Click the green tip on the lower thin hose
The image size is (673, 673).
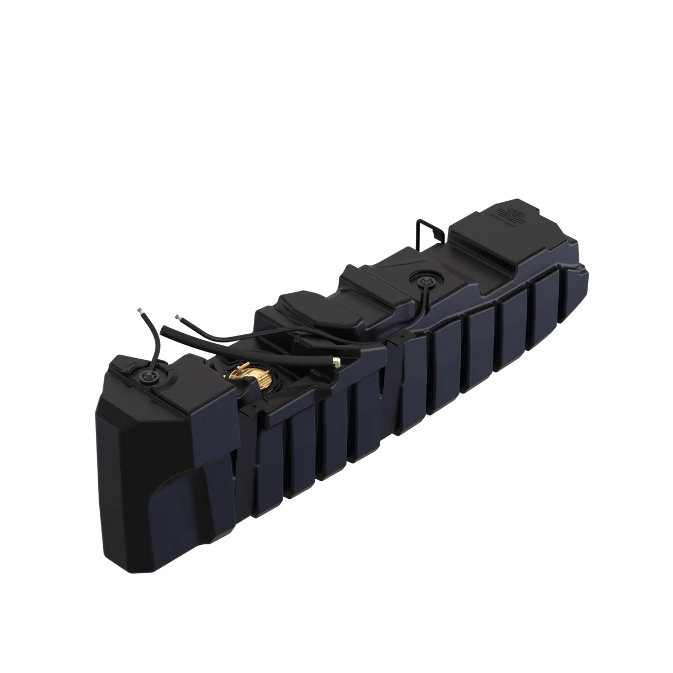[177, 315]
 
